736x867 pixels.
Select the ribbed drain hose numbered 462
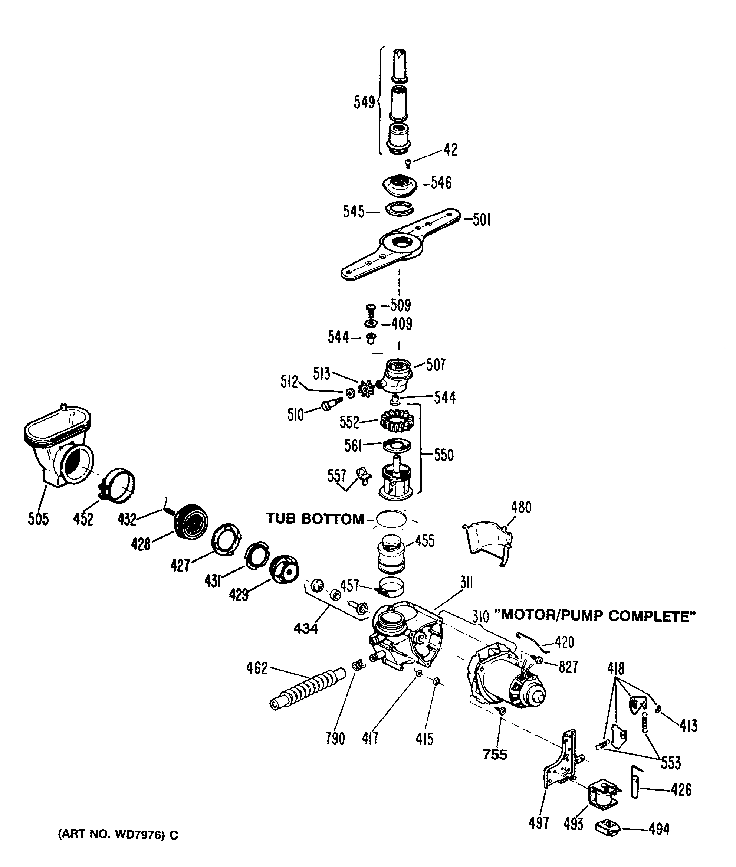[x=308, y=688]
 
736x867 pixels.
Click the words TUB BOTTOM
[x=315, y=519]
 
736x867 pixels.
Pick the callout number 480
[x=521, y=508]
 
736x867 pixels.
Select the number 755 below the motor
[x=495, y=755]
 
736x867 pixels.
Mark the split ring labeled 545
[x=399, y=208]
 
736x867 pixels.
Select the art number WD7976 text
[x=118, y=835]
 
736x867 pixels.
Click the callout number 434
[x=306, y=629]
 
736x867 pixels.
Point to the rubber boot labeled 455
[x=391, y=553]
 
